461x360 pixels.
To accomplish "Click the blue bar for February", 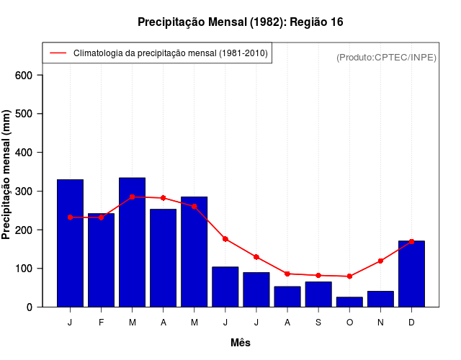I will (101, 260).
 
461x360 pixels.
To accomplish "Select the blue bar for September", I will (318, 294).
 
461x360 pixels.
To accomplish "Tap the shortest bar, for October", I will (349, 302).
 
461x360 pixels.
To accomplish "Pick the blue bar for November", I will (380, 299).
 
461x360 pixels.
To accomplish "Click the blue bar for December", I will (411, 274).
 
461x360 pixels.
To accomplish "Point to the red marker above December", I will (411, 241).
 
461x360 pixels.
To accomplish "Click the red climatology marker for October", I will (349, 276).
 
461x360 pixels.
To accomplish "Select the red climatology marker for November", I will (380, 261).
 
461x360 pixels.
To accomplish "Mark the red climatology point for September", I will (318, 275).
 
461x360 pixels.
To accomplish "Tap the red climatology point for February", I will (101, 217).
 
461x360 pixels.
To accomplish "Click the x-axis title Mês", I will (241, 343).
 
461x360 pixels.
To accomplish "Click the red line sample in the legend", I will (58, 53).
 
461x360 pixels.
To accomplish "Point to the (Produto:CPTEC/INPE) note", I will (386, 57).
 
